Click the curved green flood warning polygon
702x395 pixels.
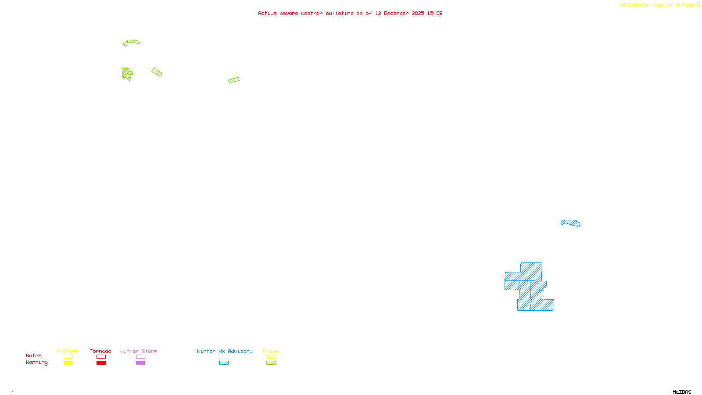133,42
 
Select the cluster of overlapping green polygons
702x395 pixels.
127,74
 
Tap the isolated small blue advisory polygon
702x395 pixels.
570,223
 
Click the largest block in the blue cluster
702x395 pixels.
531,271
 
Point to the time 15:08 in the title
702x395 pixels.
435,14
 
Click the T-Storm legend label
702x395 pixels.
68,351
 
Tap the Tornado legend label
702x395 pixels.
100,351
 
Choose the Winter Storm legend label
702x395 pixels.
139,351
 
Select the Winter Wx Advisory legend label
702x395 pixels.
225,351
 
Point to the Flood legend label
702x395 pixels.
271,351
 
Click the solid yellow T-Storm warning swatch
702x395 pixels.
68,363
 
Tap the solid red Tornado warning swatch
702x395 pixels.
101,363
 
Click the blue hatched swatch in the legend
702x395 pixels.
224,363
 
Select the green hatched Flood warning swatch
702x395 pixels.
271,363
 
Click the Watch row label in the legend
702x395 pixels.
34,355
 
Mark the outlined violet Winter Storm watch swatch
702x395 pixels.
140,357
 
